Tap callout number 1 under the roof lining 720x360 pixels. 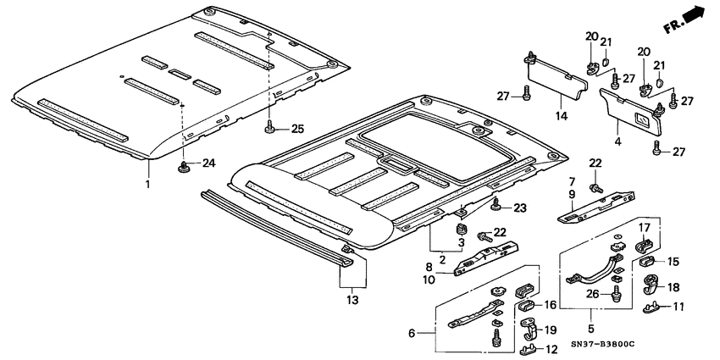148,184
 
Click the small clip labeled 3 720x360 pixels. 462,230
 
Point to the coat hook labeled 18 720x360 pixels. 650,283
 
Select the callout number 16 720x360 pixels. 548,305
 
